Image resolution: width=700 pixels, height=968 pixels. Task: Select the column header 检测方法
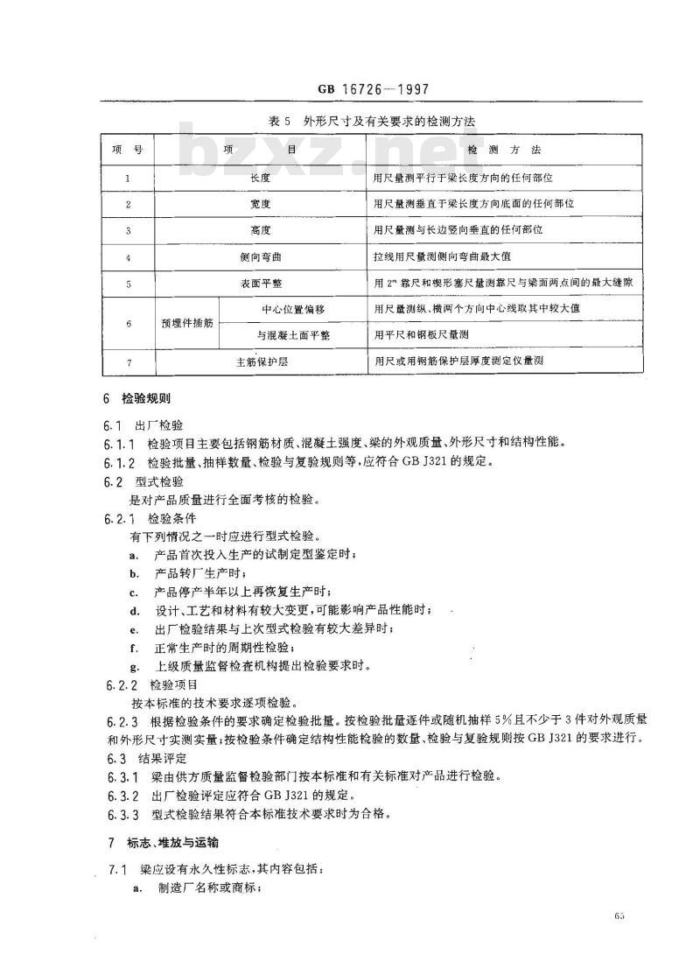click(x=505, y=151)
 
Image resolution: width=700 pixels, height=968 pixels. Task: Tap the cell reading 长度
click(x=261, y=178)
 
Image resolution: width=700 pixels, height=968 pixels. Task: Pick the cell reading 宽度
click(x=261, y=204)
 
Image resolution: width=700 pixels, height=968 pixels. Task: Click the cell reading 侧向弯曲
click(x=261, y=257)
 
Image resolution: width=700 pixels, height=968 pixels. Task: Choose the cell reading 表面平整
click(x=261, y=284)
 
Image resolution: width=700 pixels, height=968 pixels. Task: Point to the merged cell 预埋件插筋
click(x=186, y=323)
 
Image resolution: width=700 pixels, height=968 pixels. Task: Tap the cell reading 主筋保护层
click(x=261, y=362)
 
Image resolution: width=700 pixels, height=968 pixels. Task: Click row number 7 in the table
click(x=128, y=362)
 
